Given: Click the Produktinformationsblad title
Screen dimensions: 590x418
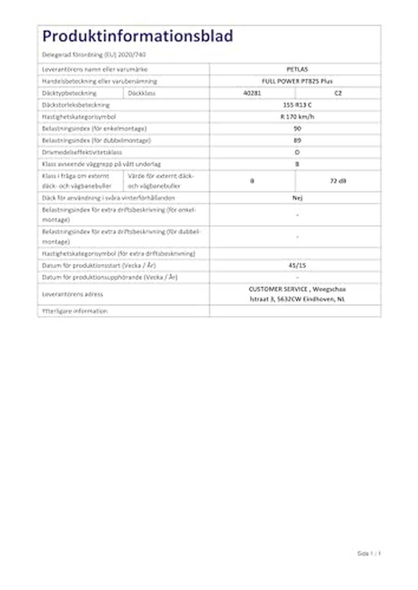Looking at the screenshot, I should tap(138, 36).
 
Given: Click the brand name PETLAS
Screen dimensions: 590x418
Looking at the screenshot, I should tap(297, 69).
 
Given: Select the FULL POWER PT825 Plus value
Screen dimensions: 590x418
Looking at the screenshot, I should tap(297, 81).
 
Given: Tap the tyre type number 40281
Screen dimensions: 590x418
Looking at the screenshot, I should tap(252, 93).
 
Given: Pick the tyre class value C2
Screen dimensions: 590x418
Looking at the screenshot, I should tap(338, 93).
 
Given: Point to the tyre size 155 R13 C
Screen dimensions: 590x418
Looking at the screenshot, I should tap(297, 105).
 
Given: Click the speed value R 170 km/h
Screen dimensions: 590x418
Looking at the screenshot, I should tap(297, 117).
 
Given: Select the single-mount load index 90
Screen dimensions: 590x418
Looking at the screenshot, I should tap(297, 129).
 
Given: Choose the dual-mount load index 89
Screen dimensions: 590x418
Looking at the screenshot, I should tap(297, 140).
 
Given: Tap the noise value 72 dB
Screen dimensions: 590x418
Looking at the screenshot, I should tap(338, 181).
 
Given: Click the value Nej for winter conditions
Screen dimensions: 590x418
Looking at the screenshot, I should tap(297, 198).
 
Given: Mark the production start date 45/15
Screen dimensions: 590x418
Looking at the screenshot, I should tap(297, 265).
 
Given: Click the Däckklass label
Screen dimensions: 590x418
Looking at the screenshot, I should tap(142, 93).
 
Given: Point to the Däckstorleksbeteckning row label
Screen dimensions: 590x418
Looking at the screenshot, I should tap(76, 105).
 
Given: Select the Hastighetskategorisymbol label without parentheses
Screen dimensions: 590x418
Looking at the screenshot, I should tap(79, 117).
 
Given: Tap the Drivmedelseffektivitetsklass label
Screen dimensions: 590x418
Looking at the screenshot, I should tap(82, 152).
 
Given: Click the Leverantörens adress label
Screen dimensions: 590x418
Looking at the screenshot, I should tap(72, 294).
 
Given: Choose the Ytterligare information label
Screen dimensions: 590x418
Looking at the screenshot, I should tap(75, 311).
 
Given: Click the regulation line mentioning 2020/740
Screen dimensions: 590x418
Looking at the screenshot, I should tap(94, 55).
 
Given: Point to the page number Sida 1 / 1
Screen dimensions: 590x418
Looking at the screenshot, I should tap(369, 553).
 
